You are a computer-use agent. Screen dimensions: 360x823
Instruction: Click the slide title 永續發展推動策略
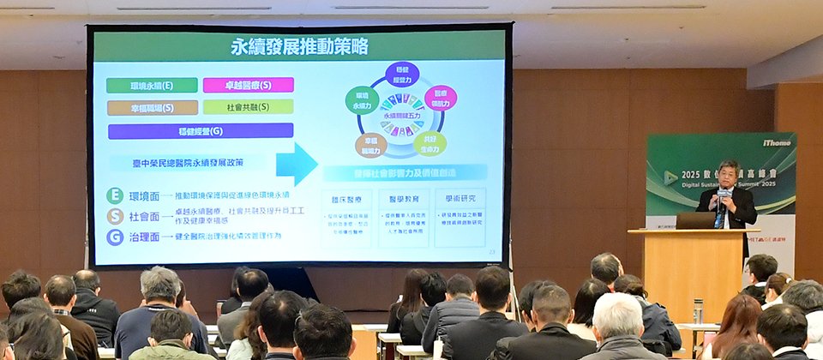299,46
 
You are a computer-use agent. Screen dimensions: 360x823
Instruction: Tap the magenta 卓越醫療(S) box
248,85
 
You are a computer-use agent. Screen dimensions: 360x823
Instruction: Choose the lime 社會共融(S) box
248,107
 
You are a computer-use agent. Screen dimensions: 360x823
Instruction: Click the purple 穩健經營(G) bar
201,130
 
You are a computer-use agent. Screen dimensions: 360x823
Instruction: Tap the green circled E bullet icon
115,195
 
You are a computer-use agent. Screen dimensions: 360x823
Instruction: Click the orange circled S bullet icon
115,216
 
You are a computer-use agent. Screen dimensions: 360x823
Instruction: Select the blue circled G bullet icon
115,237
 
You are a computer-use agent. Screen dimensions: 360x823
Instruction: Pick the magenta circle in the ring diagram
440,98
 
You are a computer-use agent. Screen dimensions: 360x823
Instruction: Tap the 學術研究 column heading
460,198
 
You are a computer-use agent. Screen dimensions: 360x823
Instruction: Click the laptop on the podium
695,220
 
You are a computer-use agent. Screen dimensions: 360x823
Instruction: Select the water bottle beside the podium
698,310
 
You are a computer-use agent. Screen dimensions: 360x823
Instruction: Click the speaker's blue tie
720,213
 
